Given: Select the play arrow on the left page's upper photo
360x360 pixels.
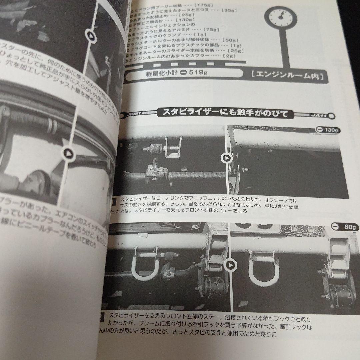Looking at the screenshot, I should [x=90, y=34].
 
